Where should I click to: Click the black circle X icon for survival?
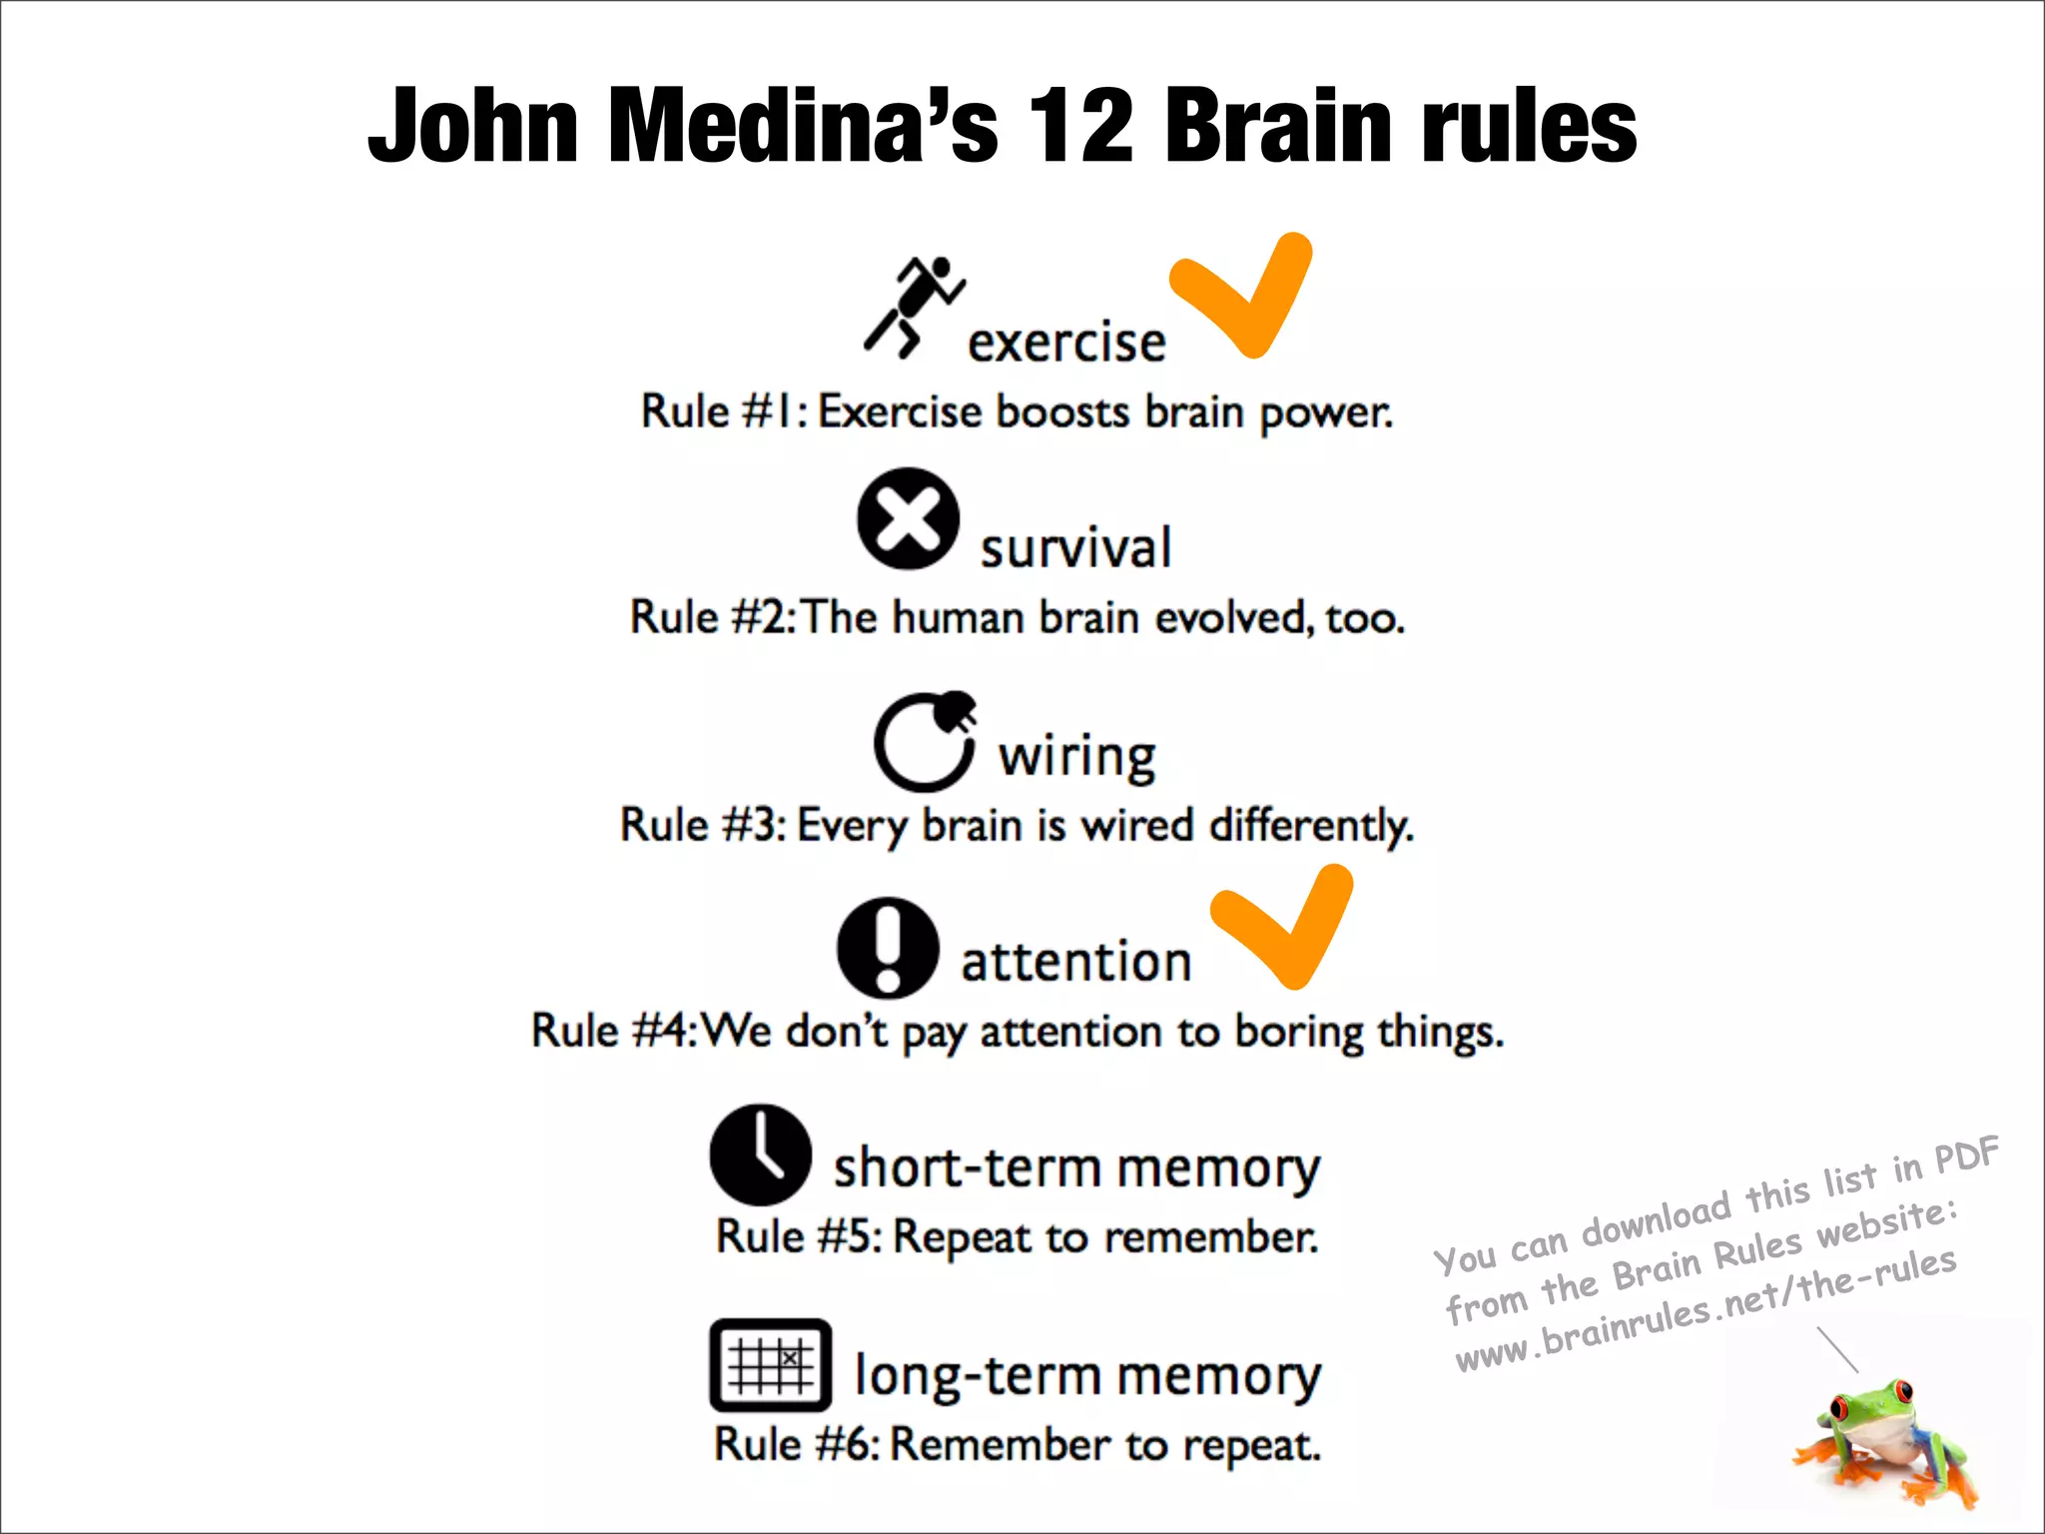tap(908, 519)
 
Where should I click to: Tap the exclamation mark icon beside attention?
tap(888, 948)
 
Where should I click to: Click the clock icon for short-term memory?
tap(760, 1154)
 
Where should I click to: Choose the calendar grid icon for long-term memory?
tap(770, 1365)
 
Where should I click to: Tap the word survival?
tap(1075, 548)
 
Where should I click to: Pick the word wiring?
tap(1077, 756)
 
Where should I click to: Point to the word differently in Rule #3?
tap(1311, 826)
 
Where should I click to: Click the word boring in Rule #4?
tap(1298, 1032)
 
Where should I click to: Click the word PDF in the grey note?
tap(1966, 1155)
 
